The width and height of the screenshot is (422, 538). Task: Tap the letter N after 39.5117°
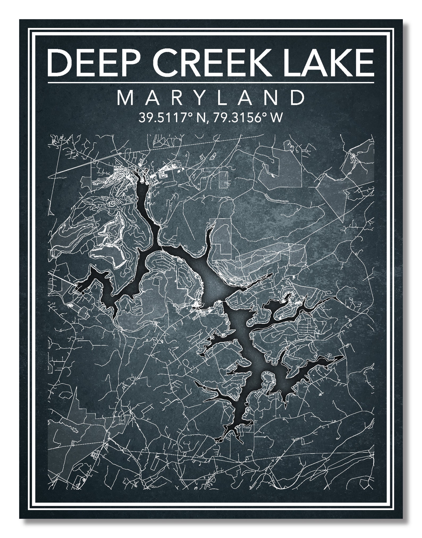[198, 117]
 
